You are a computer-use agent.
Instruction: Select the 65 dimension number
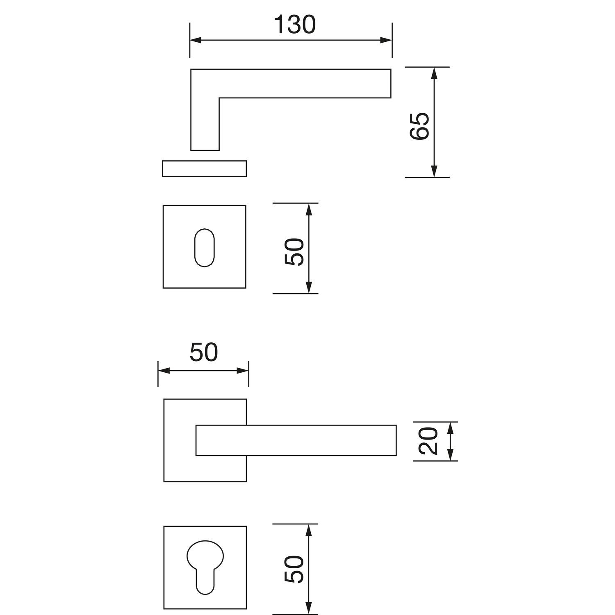point(420,126)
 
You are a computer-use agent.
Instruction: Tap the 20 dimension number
point(428,441)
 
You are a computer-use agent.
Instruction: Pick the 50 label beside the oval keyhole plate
point(294,251)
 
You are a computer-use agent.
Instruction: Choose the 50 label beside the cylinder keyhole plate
point(294,569)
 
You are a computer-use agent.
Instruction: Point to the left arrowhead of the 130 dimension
point(196,40)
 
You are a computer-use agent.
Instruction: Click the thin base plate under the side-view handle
point(205,169)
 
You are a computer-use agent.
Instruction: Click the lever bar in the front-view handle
point(296,440)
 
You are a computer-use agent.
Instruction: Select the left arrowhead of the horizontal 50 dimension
point(164,371)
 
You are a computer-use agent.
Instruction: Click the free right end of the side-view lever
point(391,84)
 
